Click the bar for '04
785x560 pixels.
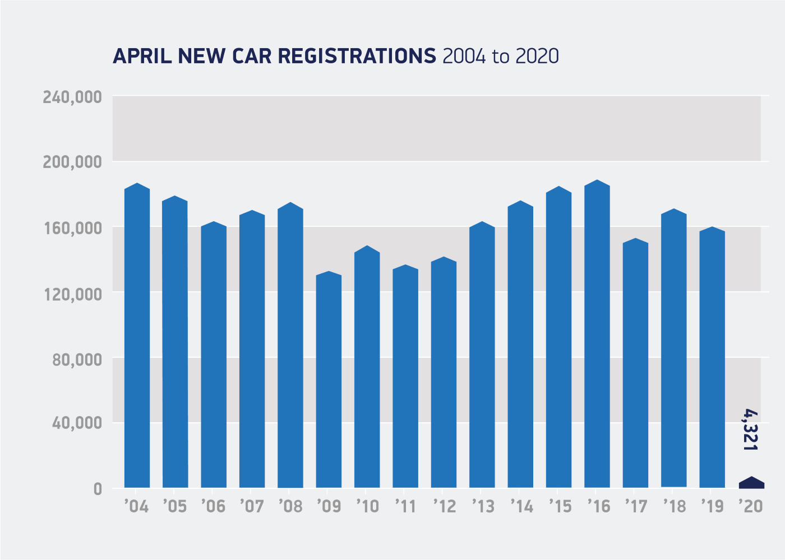(137, 336)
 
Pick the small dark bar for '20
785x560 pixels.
(751, 483)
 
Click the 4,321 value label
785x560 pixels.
(750, 430)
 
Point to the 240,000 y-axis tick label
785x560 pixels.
(72, 97)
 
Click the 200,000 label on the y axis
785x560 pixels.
(72, 162)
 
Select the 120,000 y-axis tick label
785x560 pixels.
(72, 293)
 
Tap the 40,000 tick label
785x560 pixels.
(77, 423)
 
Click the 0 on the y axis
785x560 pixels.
(98, 489)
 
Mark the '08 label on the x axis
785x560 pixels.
(290, 506)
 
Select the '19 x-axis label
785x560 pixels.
(712, 506)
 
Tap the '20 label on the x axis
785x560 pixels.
(750, 506)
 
